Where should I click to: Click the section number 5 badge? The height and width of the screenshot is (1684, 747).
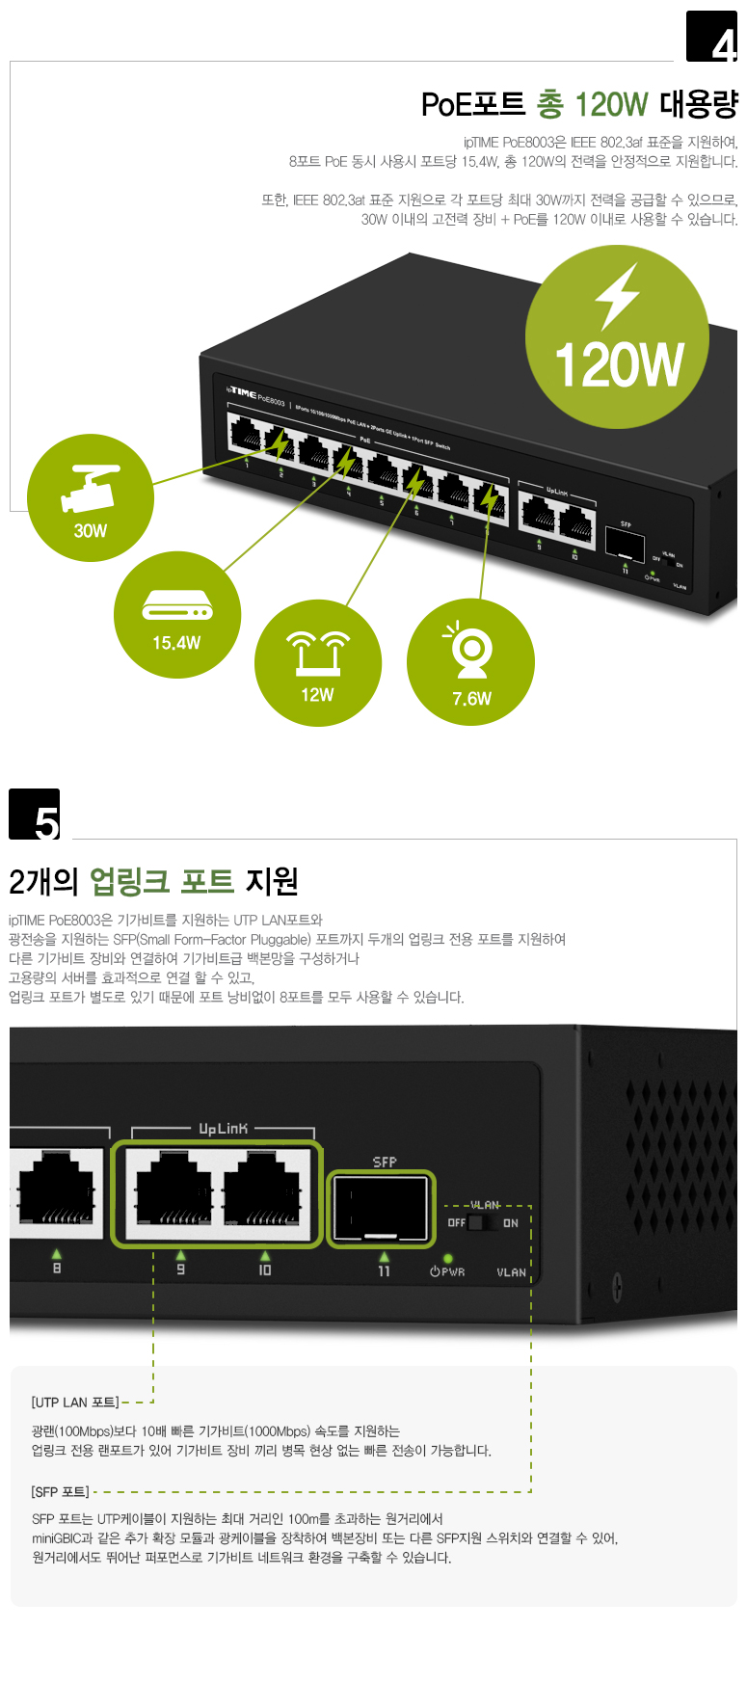[x=35, y=815]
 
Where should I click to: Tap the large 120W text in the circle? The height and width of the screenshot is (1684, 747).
[x=619, y=365]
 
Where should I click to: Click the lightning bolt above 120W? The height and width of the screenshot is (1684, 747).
[x=617, y=296]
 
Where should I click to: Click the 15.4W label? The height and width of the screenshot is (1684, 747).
[x=176, y=643]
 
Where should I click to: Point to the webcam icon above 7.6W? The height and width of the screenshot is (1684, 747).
[x=471, y=652]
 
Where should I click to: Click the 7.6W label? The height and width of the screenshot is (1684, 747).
[x=471, y=699]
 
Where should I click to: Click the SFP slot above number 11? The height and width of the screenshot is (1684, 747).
[x=381, y=1209]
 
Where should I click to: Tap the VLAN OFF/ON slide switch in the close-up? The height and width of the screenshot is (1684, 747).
[x=484, y=1223]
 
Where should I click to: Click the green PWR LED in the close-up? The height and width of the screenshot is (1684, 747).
[x=448, y=1259]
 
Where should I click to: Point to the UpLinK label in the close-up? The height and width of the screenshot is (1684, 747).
[x=223, y=1129]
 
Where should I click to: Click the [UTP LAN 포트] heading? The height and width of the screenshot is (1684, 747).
[x=75, y=1403]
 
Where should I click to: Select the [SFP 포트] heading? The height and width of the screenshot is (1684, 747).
[x=60, y=1492]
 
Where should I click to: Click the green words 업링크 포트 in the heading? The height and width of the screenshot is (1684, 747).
[x=162, y=881]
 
